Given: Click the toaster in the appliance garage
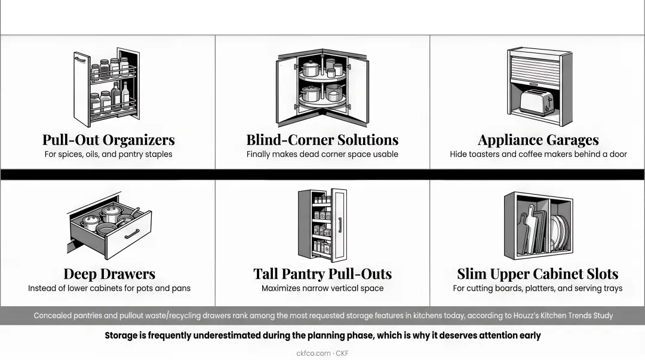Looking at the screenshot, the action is [x=536, y=103].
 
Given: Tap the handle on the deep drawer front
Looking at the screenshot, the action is [x=132, y=234].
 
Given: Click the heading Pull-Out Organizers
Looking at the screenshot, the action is [x=109, y=140].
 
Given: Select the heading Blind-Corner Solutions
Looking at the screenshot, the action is [x=322, y=140].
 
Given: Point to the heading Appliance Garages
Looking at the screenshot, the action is [x=538, y=140].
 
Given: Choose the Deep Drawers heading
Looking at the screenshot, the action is [x=109, y=273].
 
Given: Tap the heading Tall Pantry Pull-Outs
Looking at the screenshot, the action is [x=322, y=273].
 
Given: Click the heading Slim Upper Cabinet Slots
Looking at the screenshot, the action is [x=537, y=273].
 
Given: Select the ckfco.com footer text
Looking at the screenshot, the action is [x=314, y=353].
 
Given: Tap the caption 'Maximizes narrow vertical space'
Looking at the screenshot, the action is [x=322, y=288].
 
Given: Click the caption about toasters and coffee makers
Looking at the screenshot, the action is [x=538, y=154].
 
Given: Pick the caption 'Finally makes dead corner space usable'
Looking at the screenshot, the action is [x=322, y=154].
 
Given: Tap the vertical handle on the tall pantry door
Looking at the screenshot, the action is [x=340, y=225].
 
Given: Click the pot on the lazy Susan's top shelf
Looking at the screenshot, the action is [x=311, y=68].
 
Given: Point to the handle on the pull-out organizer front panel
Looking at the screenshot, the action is [x=80, y=60].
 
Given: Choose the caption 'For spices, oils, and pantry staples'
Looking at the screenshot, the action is [x=109, y=154].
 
